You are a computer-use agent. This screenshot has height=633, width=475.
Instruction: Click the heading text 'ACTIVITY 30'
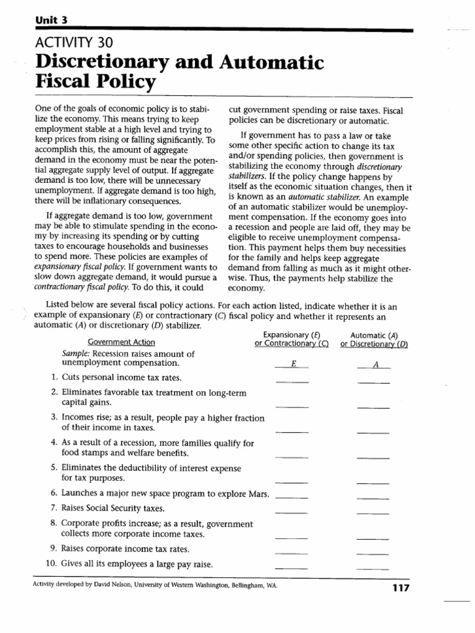click(70, 43)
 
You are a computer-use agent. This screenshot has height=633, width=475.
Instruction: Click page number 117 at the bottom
click(402, 588)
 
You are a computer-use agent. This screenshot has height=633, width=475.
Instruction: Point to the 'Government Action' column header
click(121, 342)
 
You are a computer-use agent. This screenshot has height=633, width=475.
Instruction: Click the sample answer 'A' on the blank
click(374, 365)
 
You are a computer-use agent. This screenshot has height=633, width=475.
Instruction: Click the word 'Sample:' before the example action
click(76, 354)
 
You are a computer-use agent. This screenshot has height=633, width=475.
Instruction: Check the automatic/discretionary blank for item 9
click(373, 552)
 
